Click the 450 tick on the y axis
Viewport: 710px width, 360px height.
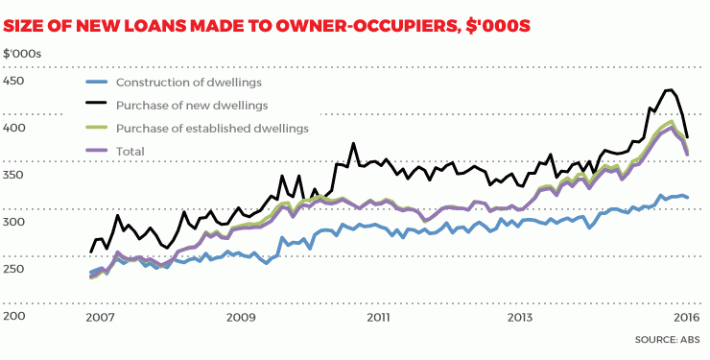(14, 81)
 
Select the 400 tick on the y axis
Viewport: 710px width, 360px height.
(14, 128)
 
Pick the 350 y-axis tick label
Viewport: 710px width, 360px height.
(14, 175)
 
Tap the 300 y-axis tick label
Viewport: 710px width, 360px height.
(14, 222)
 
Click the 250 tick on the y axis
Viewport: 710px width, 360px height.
(14, 269)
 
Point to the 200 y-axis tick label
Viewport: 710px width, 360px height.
(14, 316)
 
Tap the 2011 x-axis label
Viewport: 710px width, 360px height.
(379, 317)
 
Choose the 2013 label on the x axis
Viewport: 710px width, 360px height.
(519, 317)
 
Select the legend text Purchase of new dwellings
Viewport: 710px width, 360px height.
(191, 105)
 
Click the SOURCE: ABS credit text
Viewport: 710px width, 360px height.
(668, 340)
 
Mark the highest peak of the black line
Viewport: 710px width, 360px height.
(669, 90)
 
